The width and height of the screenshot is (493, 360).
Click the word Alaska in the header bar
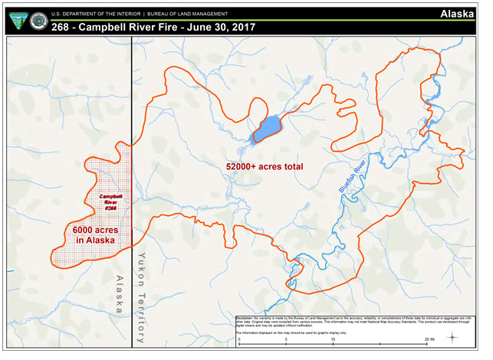click(462, 14)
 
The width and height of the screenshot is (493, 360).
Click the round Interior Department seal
click(36, 21)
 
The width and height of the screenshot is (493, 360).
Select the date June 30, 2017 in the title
click(217, 28)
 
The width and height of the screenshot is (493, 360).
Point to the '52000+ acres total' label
click(264, 166)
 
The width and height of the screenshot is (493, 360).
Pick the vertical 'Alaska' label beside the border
click(119, 294)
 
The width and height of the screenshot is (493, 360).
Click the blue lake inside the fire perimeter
click(266, 128)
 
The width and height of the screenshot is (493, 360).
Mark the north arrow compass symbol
click(455, 338)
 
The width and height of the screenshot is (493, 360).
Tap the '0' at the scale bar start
click(239, 338)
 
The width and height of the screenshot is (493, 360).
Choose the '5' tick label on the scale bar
click(286, 338)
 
